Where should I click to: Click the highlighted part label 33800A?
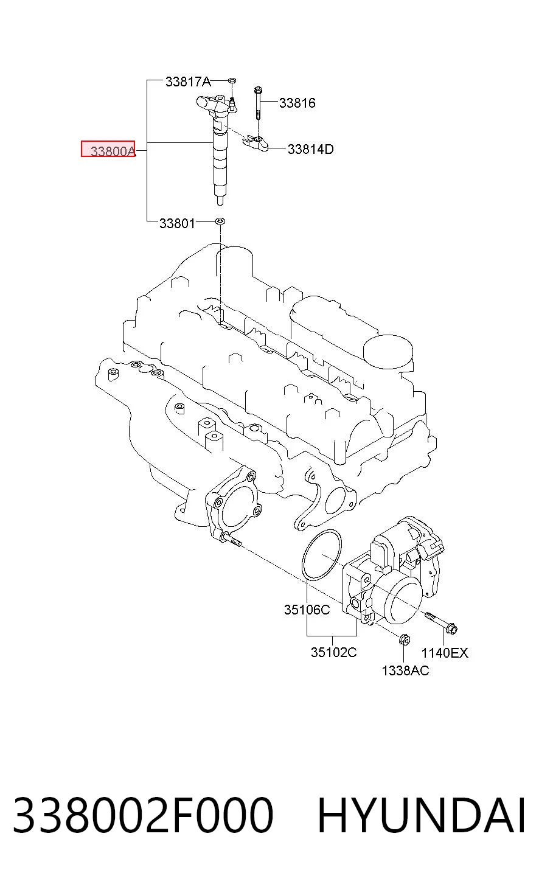click(113, 151)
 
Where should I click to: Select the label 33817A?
click(188, 82)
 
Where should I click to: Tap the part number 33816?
click(297, 103)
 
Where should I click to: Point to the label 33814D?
click(310, 149)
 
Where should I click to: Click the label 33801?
click(177, 223)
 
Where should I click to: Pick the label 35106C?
click(307, 610)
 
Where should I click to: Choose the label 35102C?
click(334, 652)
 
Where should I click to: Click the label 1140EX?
click(445, 653)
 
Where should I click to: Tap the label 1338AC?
click(405, 670)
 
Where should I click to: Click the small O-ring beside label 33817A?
click(232, 81)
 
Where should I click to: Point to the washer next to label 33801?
click(220, 221)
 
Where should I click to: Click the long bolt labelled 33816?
click(257, 103)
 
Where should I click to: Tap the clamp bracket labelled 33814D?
click(256, 142)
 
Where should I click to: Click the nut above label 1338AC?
click(405, 639)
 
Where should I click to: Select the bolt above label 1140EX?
click(441, 622)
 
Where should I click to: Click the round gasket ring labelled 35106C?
click(322, 555)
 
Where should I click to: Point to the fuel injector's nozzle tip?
click(220, 201)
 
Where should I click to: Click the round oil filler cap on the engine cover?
click(388, 351)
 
